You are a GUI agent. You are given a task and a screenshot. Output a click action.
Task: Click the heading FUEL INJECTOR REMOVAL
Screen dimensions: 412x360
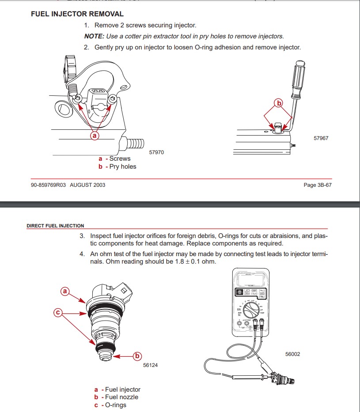click(77, 14)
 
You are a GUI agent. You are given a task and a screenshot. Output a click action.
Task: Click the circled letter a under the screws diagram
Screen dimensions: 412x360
click(94, 136)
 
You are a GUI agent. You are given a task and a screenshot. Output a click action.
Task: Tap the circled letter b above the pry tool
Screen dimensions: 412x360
click(278, 103)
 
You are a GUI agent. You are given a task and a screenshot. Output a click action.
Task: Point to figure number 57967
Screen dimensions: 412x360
click(321, 138)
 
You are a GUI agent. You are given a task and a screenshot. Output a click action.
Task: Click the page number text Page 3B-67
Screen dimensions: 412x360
click(318, 185)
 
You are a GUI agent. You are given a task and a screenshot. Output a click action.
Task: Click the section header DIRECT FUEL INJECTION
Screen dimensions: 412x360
click(55, 226)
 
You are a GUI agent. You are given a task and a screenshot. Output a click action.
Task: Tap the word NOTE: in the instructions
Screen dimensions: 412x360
click(95, 36)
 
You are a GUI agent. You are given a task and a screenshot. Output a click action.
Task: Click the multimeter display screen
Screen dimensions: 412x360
click(251, 279)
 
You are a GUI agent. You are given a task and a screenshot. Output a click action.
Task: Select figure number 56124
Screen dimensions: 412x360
click(151, 365)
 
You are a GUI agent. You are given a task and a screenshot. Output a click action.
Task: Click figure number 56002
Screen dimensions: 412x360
click(293, 354)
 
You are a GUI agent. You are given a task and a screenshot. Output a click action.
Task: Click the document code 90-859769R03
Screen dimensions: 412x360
click(48, 185)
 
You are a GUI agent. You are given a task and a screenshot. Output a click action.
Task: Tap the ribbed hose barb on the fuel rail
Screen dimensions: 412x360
click(135, 143)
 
